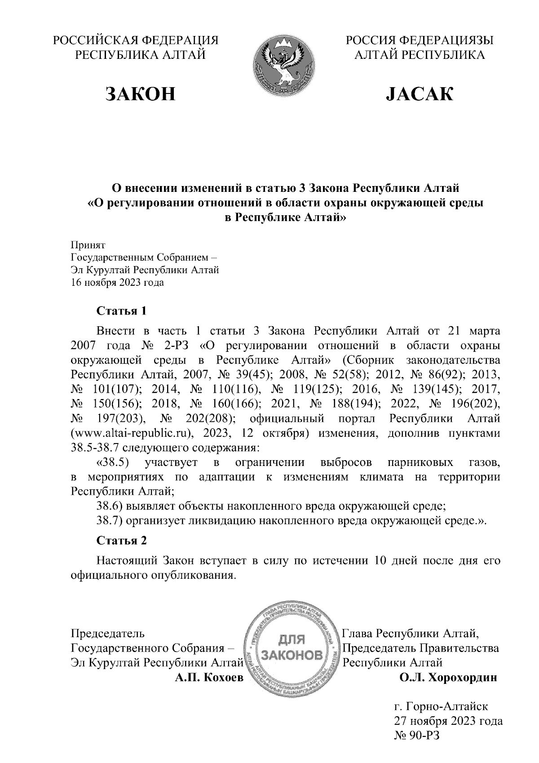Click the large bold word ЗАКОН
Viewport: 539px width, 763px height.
[x=140, y=94]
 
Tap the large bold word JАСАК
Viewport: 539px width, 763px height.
[x=419, y=94]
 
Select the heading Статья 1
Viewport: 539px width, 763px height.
[x=122, y=311]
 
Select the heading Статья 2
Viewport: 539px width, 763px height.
[x=122, y=540]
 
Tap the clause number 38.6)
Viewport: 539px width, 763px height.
[x=110, y=506]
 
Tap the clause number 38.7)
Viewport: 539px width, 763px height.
[x=110, y=520]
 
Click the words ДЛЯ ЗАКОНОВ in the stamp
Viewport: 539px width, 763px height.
[x=292, y=646]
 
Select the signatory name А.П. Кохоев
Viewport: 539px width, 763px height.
[x=208, y=677]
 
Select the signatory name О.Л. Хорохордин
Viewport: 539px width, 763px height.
[x=448, y=677]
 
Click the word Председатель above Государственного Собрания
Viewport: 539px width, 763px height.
[x=108, y=634]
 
